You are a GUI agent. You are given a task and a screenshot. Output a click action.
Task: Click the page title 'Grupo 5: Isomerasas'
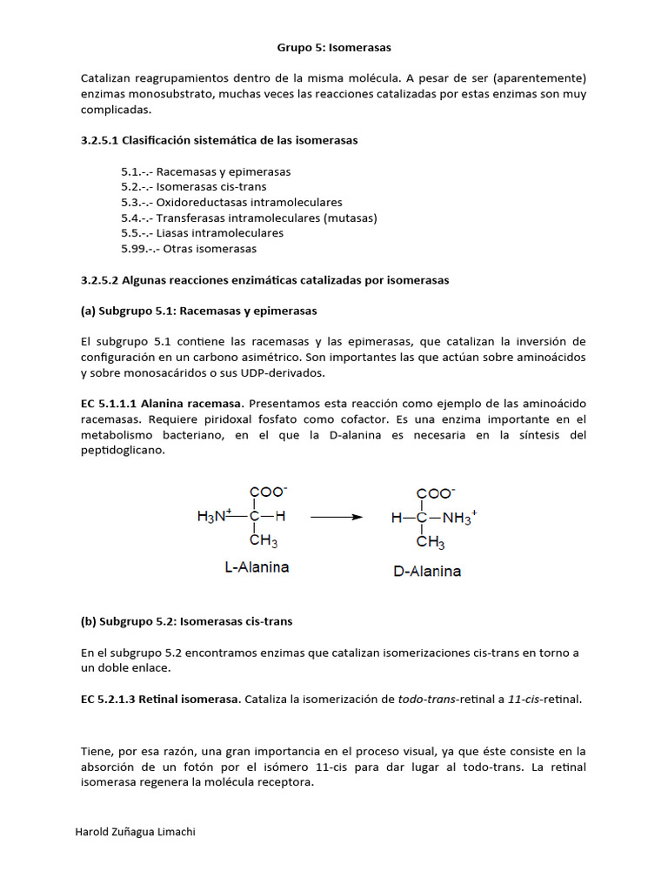333,47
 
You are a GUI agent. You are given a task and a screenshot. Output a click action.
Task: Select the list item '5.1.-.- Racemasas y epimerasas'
206,171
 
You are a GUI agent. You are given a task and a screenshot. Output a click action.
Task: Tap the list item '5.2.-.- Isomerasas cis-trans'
194,187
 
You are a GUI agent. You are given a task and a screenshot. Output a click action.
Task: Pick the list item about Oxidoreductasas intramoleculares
231,202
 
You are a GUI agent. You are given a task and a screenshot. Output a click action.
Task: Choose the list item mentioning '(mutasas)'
249,218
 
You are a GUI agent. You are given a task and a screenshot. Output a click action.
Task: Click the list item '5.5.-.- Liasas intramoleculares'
202,233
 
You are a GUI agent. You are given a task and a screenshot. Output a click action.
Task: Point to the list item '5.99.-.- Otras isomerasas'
189,249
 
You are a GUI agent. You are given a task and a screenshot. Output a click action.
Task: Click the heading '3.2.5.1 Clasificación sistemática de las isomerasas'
218,140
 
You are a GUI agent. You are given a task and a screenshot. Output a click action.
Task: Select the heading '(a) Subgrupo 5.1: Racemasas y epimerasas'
198,311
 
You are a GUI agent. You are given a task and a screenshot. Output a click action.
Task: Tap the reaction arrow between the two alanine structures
336,517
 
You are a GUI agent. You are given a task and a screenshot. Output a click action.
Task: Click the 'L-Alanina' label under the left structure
257,567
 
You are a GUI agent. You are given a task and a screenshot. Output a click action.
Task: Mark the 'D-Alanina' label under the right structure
427,572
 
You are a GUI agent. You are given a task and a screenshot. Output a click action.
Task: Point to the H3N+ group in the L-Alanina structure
214,517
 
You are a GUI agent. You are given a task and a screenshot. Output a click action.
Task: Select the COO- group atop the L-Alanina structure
267,492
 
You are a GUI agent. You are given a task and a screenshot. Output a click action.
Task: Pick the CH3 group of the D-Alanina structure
431,544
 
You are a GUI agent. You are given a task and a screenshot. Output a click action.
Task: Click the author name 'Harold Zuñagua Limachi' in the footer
137,832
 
